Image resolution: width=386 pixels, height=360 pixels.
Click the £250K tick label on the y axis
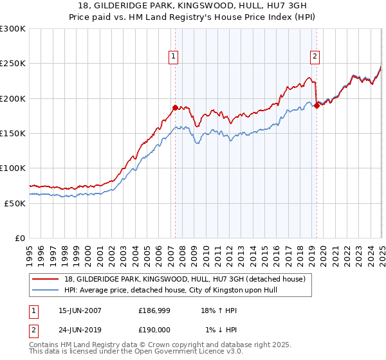pos(13,64)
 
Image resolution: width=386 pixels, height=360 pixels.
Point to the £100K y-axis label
pos(13,168)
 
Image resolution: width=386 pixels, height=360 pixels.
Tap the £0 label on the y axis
pos(19,238)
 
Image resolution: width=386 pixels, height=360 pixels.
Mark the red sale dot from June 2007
pos(175,108)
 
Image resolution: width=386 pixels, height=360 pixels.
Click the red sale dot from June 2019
pos(317,106)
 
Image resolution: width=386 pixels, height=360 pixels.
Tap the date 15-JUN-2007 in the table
pos(80,310)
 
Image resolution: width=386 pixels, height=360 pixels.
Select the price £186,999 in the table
pos(154,310)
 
